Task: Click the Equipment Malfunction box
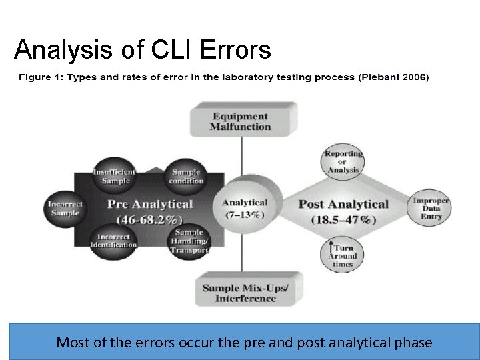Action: point(241,121)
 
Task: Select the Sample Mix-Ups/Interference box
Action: point(245,293)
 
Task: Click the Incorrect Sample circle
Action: point(65,208)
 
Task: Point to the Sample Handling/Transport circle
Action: point(189,241)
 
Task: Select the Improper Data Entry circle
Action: point(431,208)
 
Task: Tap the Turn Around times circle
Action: point(343,255)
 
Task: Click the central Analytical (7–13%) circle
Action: point(244,208)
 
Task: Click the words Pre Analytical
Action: point(150,204)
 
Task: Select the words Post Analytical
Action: point(343,204)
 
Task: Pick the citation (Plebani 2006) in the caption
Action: point(394,77)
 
